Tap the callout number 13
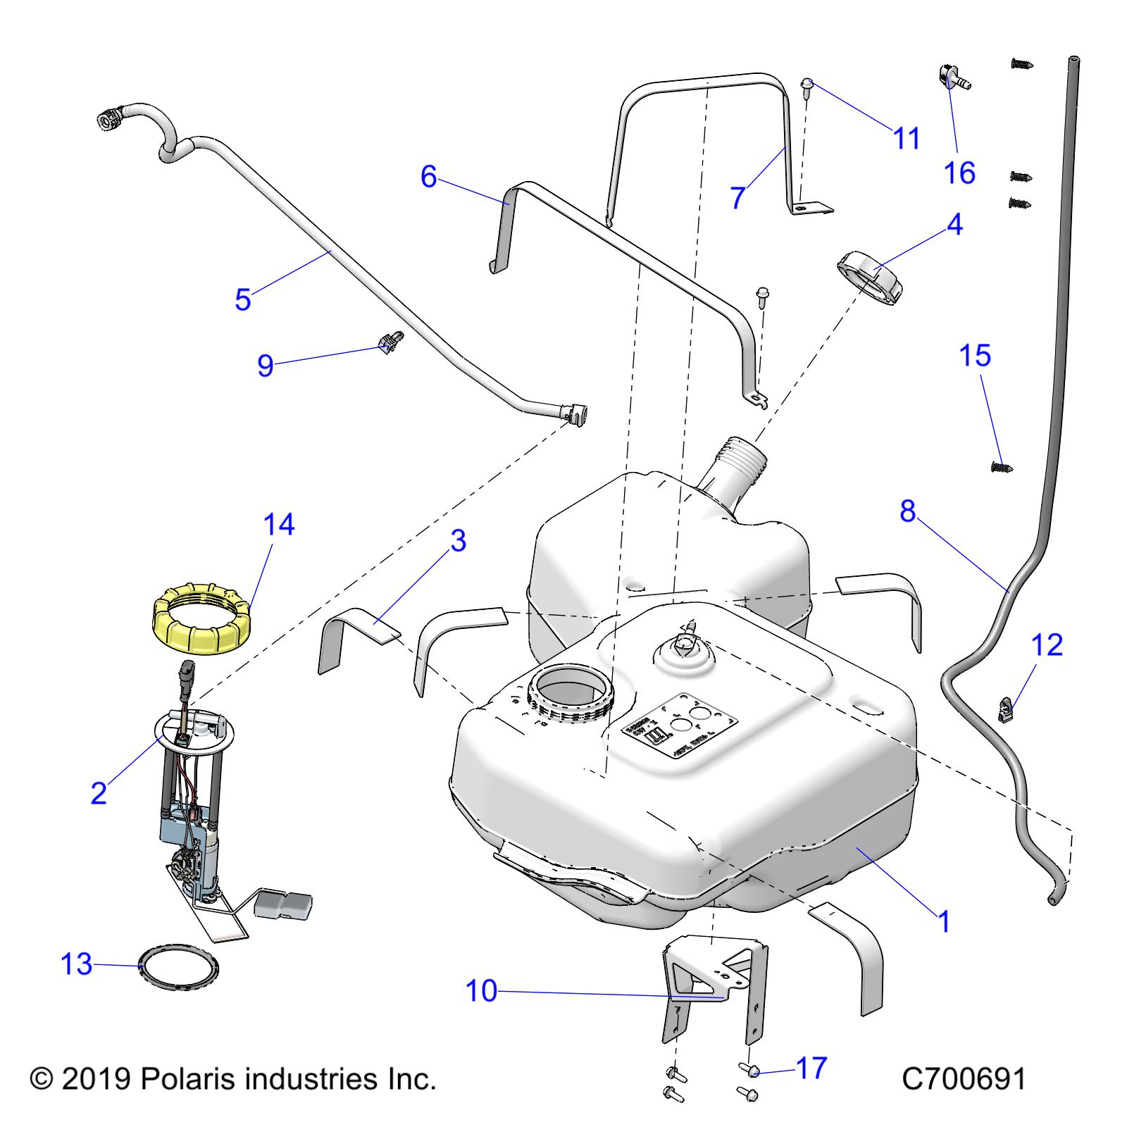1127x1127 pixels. click(76, 964)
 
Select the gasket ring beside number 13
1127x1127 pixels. click(178, 969)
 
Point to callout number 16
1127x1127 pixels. click(959, 173)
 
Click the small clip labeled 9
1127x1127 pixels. click(390, 344)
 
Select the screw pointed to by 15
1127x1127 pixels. click(1000, 466)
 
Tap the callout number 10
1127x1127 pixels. click(481, 992)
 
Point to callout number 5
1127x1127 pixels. click(243, 299)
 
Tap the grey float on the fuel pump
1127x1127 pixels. click(283, 903)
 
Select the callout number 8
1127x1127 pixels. click(907, 511)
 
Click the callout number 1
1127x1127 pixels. click(945, 921)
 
